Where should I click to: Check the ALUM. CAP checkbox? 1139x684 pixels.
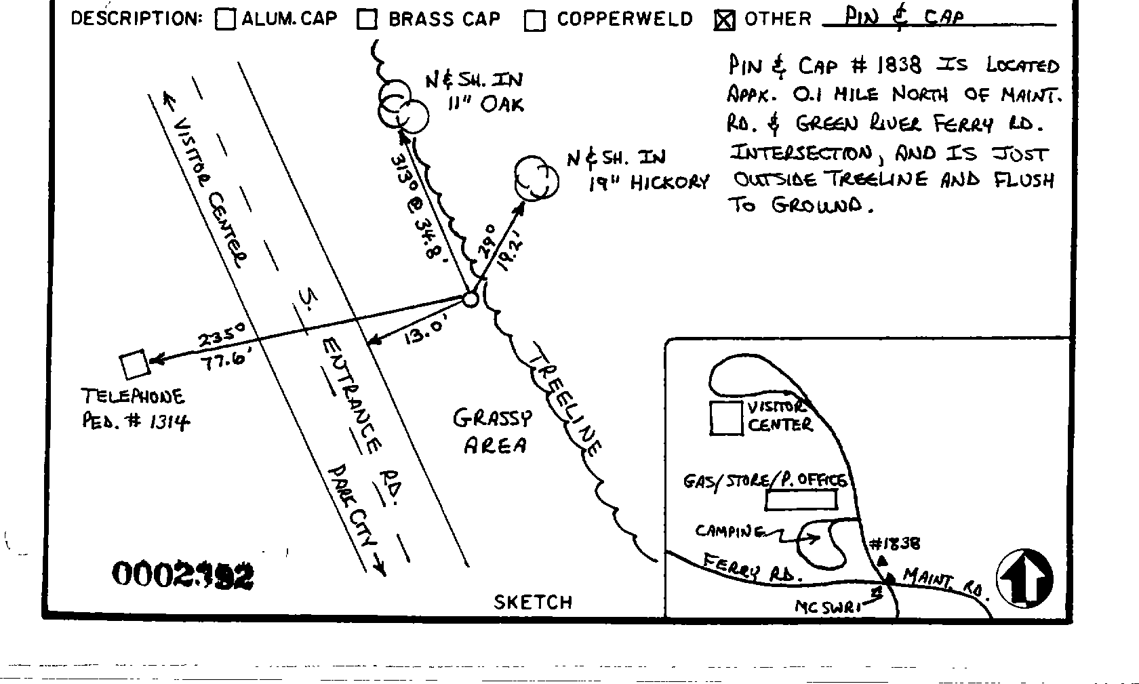click(x=225, y=20)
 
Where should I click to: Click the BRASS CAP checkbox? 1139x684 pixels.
click(x=367, y=20)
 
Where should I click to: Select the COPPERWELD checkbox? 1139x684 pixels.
click(x=535, y=21)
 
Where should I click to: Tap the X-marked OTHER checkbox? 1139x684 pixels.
click(x=724, y=21)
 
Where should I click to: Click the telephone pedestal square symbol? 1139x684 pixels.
click(x=134, y=364)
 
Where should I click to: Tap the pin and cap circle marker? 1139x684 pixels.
click(x=470, y=299)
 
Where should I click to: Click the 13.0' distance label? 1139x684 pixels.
click(x=425, y=332)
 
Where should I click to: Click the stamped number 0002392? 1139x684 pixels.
click(x=182, y=576)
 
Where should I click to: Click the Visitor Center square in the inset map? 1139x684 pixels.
click(x=726, y=418)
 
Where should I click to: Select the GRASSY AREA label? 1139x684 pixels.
click(x=494, y=431)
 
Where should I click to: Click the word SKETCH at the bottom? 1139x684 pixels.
click(x=533, y=602)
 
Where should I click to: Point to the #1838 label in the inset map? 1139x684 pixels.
click(x=894, y=544)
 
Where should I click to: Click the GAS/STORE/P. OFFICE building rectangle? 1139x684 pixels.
click(x=801, y=500)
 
